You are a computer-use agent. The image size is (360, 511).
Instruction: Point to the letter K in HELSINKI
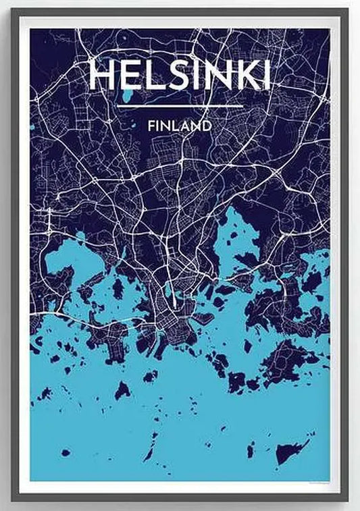click(242, 76)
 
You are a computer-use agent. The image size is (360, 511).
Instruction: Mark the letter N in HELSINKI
click(216, 76)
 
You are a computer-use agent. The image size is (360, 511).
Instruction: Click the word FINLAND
click(180, 126)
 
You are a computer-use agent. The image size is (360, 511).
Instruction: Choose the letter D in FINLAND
click(207, 126)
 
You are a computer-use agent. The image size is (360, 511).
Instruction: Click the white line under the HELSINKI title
click(180, 107)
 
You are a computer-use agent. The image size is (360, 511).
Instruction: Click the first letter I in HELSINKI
click(199, 76)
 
